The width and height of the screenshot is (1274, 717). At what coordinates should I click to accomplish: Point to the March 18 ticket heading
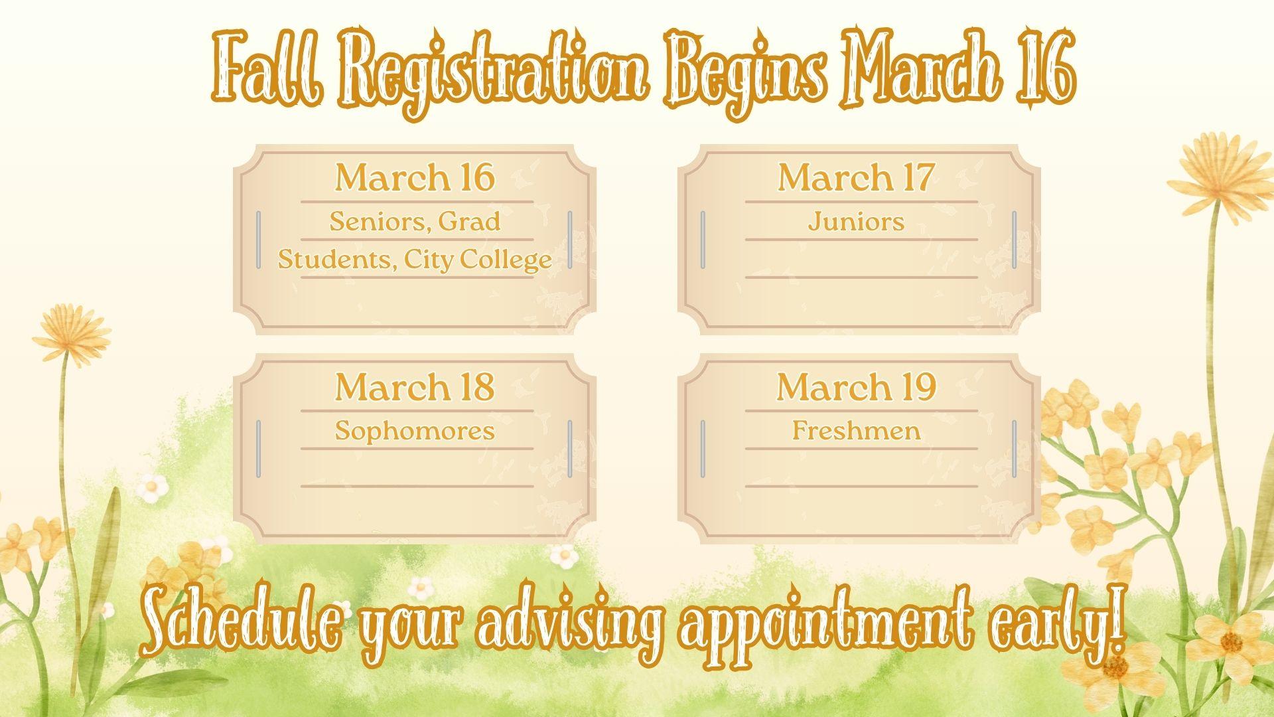point(415,386)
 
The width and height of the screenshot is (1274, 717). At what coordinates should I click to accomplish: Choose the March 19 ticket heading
point(856,386)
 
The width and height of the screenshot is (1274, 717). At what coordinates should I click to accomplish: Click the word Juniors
point(856,221)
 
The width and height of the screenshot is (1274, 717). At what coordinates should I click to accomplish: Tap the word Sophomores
point(415,431)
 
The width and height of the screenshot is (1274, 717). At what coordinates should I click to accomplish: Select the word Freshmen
point(856,430)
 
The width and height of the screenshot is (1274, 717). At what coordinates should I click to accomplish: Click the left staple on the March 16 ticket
point(259,240)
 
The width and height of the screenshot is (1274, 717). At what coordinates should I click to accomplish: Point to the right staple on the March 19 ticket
point(1014,449)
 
